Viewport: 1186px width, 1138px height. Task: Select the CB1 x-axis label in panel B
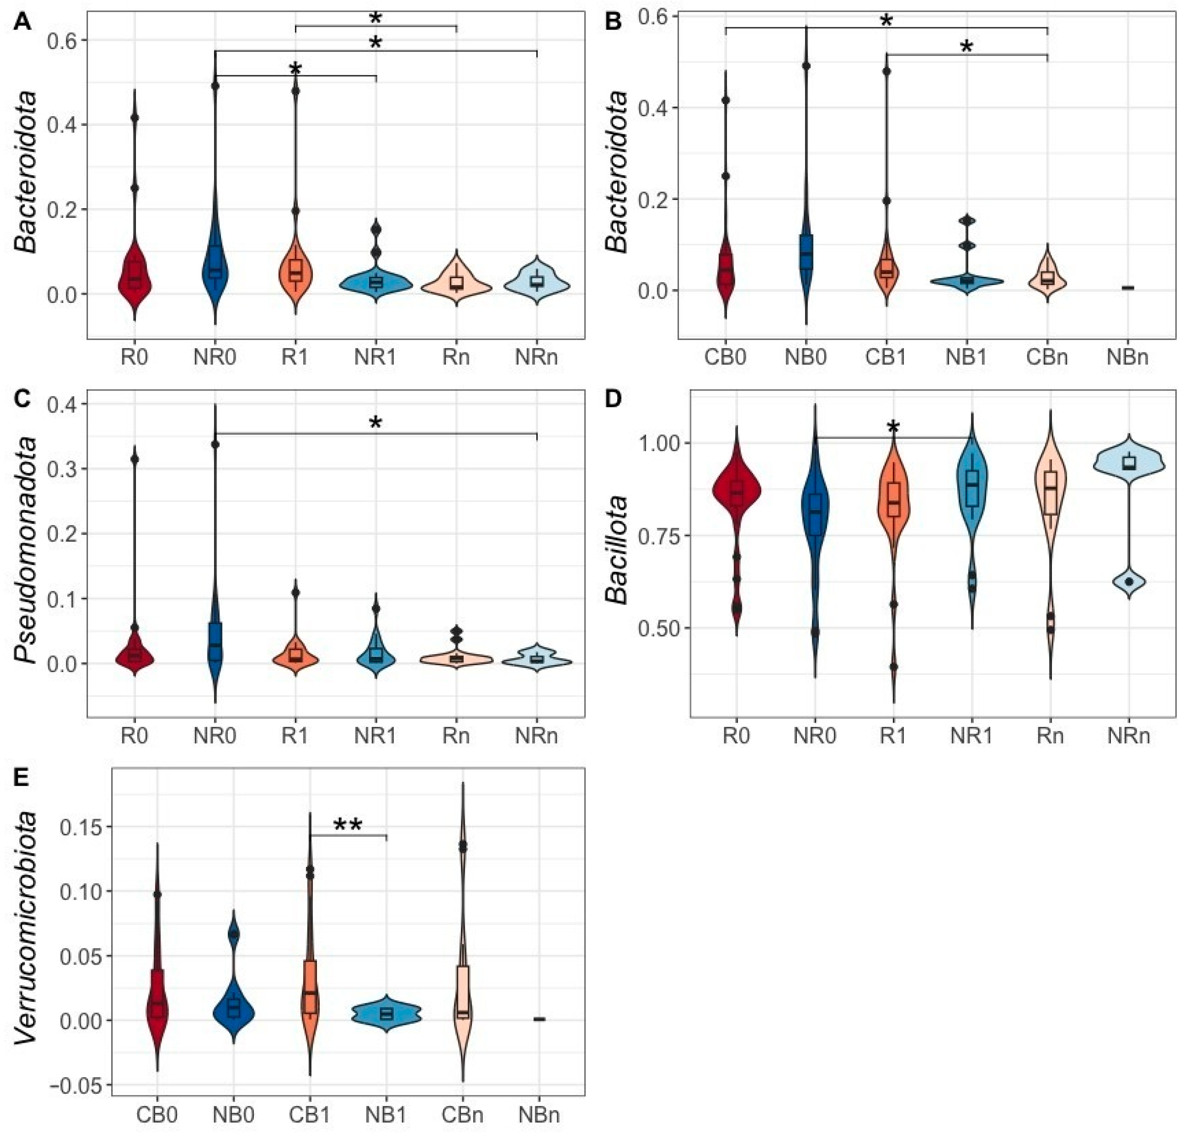[886, 357]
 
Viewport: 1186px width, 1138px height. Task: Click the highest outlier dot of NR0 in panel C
[215, 444]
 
